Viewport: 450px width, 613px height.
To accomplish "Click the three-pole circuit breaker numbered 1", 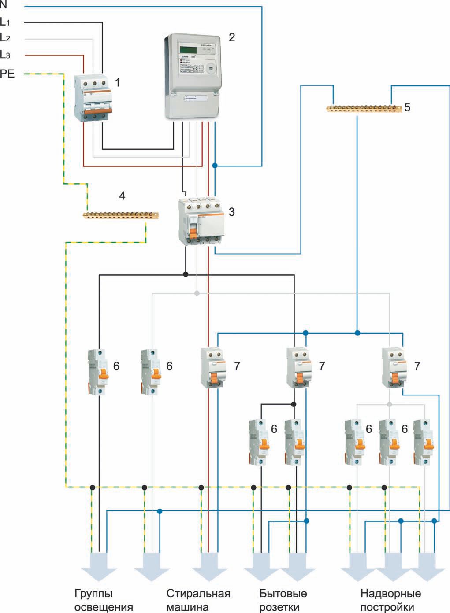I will (x=93, y=98).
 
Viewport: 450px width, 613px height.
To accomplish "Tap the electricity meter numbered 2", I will (x=193, y=76).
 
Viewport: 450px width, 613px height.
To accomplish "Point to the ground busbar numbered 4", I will (x=121, y=215).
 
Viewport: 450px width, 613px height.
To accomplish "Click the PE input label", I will (x=7, y=74).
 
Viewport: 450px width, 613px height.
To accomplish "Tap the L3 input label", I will (x=5, y=55).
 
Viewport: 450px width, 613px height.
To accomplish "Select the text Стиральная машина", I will (x=198, y=600).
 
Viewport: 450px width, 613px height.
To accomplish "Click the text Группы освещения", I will (x=104, y=600).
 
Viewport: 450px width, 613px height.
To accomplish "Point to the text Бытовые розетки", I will (x=283, y=600).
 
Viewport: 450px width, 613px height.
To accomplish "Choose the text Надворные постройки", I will (x=390, y=600).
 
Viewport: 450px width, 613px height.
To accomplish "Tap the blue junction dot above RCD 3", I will (x=215, y=166).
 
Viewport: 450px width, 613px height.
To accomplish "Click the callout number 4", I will (x=123, y=196).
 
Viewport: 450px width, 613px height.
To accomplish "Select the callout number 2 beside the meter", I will (x=231, y=37).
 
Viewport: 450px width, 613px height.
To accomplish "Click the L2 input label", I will (x=5, y=38).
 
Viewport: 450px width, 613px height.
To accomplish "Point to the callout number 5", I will (x=407, y=107).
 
